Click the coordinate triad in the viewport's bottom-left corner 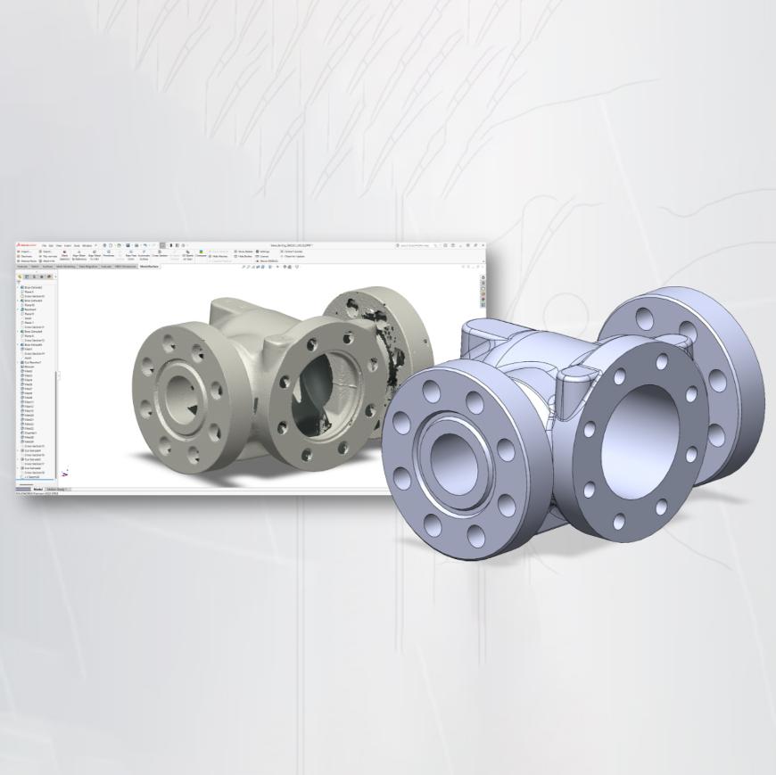[64, 473]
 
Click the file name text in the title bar [294, 245]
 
